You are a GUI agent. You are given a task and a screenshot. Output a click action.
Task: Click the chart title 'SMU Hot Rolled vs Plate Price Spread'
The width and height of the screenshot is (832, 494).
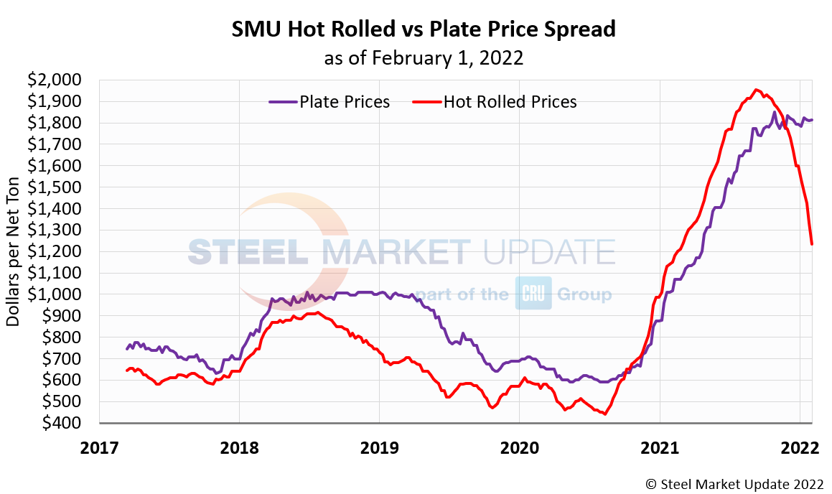tap(424, 29)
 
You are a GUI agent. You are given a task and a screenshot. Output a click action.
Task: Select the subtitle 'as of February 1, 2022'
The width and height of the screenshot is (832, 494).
tap(424, 58)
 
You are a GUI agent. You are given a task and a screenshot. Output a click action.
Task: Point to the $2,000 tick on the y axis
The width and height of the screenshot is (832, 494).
tap(55, 80)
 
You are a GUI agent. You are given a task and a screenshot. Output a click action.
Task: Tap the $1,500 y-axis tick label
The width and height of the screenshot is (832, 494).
tap(55, 187)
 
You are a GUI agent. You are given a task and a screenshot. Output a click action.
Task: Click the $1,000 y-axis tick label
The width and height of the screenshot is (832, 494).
tap(55, 294)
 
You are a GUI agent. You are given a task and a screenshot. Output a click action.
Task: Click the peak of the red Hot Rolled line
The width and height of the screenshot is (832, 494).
tap(756, 90)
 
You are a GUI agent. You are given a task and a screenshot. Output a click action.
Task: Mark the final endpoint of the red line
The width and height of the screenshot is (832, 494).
tap(812, 244)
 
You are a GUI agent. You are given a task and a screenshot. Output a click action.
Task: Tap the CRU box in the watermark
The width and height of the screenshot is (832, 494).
tap(533, 293)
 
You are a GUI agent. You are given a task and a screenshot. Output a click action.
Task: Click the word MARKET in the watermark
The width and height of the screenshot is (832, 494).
tap(396, 252)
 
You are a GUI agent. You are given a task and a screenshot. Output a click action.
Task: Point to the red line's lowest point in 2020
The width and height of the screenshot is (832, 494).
tap(605, 414)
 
